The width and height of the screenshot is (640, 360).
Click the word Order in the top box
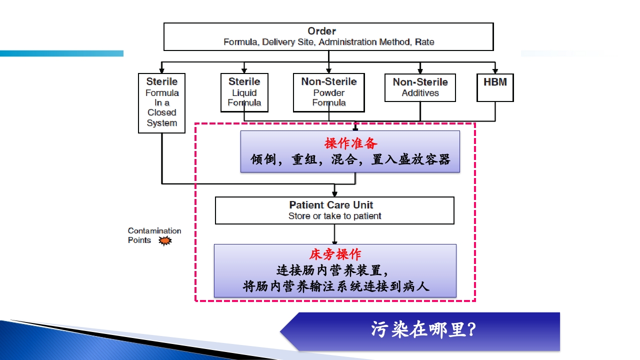[321, 31]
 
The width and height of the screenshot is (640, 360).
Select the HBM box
[495, 87]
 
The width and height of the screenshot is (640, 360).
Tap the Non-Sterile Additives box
[420, 87]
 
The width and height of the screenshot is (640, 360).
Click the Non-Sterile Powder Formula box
[328, 92]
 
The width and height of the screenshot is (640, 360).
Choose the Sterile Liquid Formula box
[244, 92]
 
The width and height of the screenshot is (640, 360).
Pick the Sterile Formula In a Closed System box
[161, 102]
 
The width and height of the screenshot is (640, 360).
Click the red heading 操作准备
[351, 143]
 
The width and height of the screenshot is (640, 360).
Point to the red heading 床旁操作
[335, 254]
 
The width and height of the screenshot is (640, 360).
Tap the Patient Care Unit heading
[331, 205]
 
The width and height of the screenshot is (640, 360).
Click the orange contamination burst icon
[165, 241]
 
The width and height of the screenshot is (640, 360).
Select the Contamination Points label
[150, 235]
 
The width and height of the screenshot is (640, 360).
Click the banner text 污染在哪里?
[423, 330]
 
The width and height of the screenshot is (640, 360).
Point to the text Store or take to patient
[334, 216]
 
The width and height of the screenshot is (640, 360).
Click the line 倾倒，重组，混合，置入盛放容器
[350, 159]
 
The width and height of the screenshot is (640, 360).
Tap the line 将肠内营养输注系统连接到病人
[336, 286]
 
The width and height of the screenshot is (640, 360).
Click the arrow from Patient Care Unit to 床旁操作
[334, 233]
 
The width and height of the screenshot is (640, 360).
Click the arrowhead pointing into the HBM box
[495, 70]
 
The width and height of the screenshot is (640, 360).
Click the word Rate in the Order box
[424, 42]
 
